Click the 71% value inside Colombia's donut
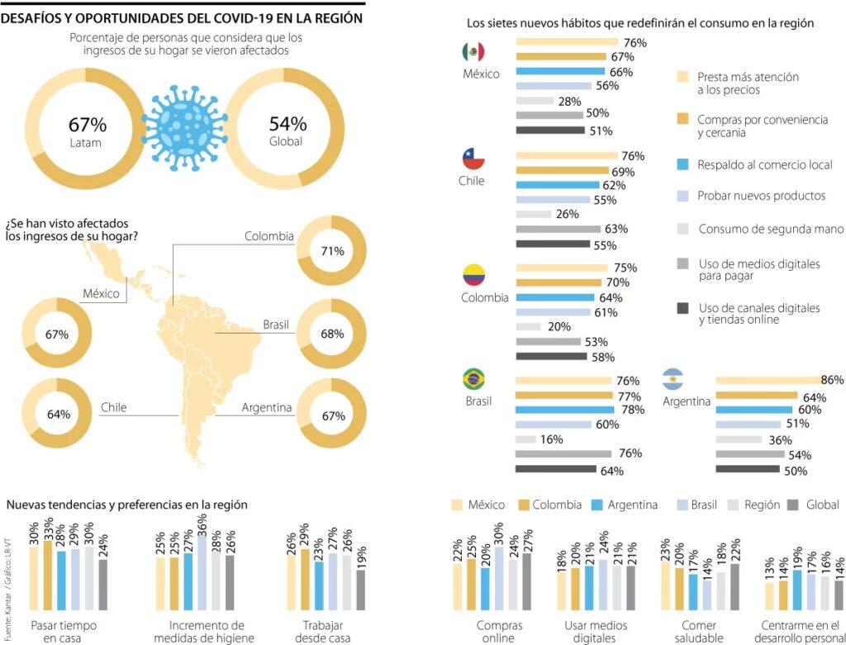pos(332,251)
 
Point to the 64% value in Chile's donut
pos(58,414)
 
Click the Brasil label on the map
pos(276,325)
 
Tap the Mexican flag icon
pos(473,52)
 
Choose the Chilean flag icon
pos(473,159)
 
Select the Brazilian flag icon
pos(473,379)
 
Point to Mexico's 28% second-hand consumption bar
pos(535,101)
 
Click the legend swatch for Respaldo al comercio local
pos(682,164)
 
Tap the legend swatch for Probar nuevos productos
pos(682,196)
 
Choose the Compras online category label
pos(499,632)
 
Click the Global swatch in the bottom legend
pos(793,505)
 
